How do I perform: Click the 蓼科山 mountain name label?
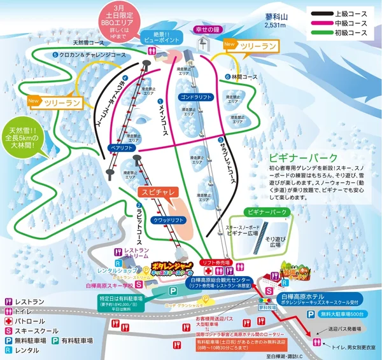click(x=275, y=18)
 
